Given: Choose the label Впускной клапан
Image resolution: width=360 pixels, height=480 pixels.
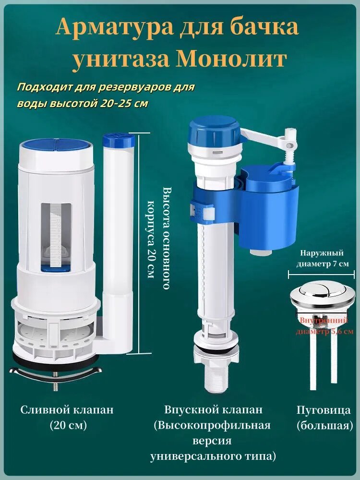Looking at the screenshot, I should (x=213, y=410).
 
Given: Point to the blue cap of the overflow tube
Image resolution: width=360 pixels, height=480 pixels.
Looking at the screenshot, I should (x=119, y=142).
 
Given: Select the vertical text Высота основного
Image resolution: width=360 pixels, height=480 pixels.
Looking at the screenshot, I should (x=166, y=238).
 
